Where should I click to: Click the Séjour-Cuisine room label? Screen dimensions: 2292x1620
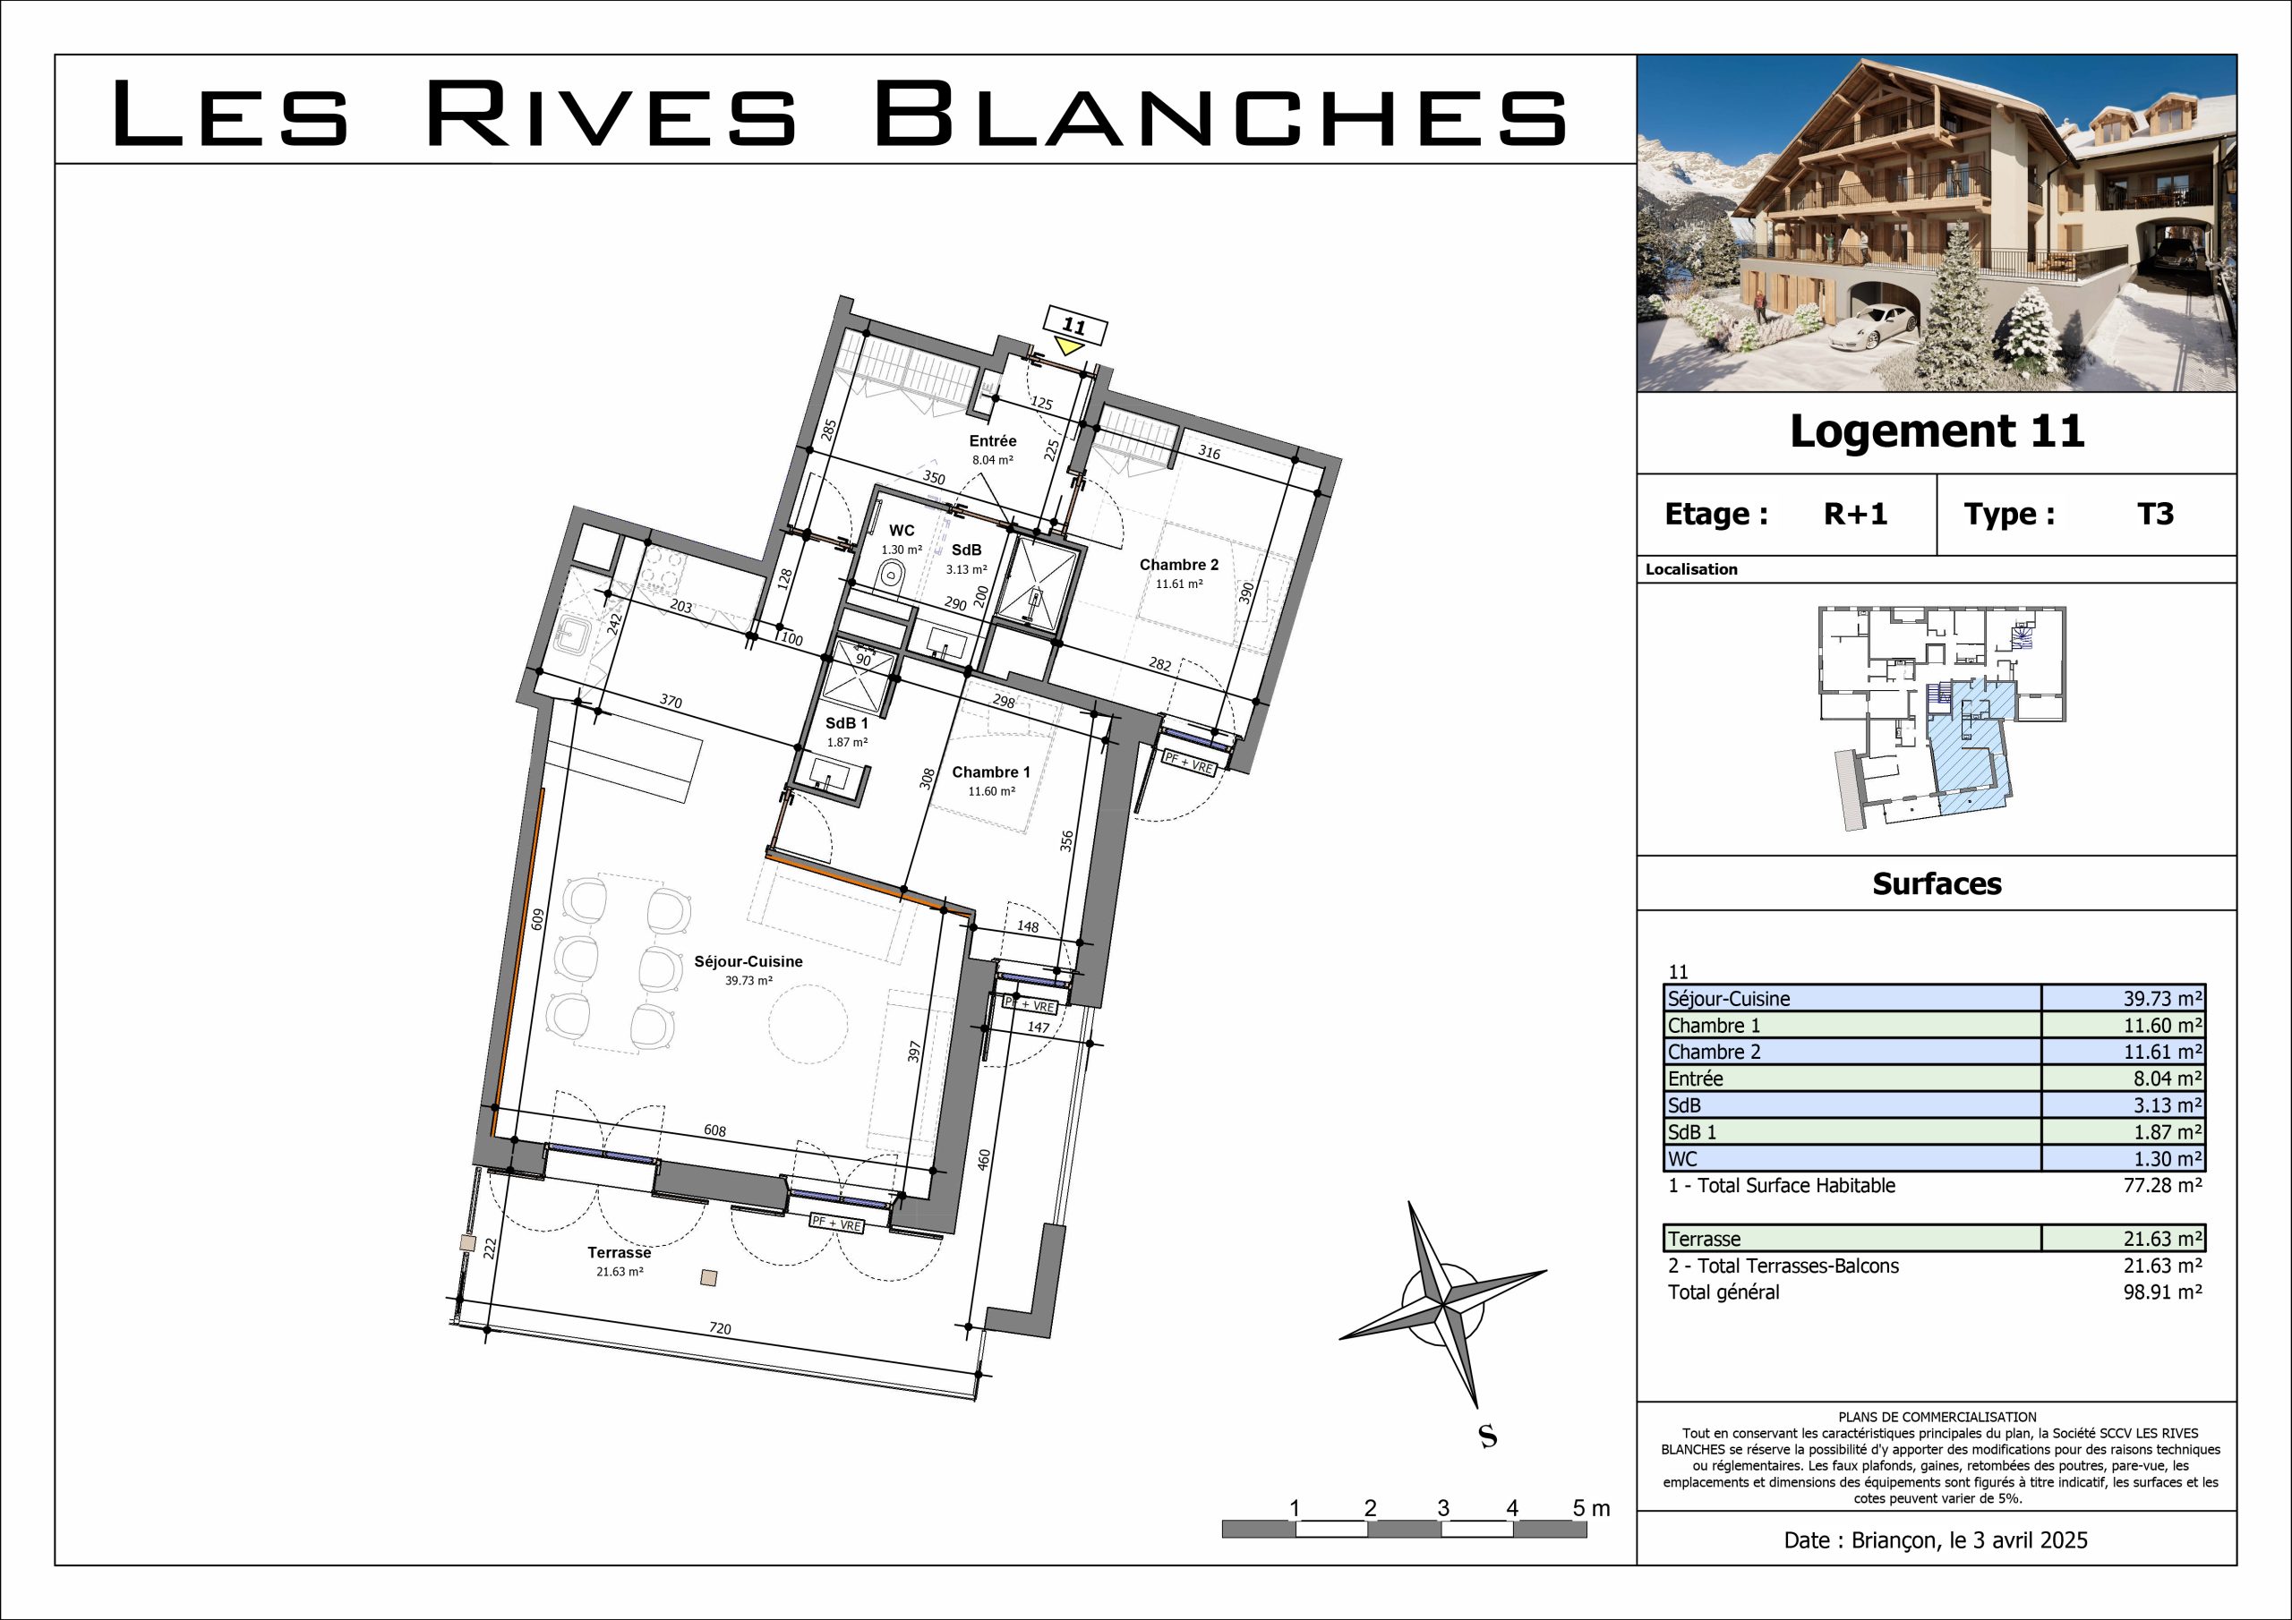pyautogui.click(x=748, y=961)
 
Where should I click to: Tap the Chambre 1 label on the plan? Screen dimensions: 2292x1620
pyautogui.click(x=990, y=772)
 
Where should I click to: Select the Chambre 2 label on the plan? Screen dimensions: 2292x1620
pyautogui.click(x=1179, y=565)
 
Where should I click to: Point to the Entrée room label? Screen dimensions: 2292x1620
pyautogui.click(x=992, y=441)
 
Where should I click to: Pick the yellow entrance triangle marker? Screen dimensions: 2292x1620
pyautogui.click(x=1069, y=346)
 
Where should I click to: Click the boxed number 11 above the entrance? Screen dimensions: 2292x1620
pyautogui.click(x=1073, y=326)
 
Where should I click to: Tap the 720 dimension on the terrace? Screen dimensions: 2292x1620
pyautogui.click(x=720, y=1328)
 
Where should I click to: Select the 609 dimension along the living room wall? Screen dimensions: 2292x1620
pyautogui.click(x=537, y=919)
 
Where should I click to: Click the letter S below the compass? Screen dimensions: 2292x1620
pyautogui.click(x=1487, y=1437)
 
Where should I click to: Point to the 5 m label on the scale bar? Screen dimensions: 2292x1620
pyautogui.click(x=1591, y=1508)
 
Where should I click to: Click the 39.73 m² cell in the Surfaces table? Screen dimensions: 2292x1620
pyautogui.click(x=2162, y=999)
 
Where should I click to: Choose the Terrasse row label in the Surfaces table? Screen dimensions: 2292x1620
pyautogui.click(x=1704, y=1239)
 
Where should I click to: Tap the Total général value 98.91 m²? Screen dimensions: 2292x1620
pyautogui.click(x=2162, y=1292)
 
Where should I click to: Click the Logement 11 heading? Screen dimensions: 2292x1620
pyautogui.click(x=1937, y=431)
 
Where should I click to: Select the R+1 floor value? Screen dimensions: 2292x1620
pyautogui.click(x=1856, y=514)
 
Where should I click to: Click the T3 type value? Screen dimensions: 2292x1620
pyautogui.click(x=2155, y=514)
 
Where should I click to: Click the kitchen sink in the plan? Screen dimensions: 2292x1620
pyautogui.click(x=576, y=633)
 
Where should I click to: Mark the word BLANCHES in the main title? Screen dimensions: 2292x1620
pyautogui.click(x=1220, y=114)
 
